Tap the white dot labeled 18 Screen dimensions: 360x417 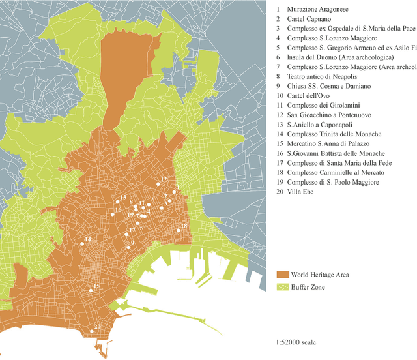pyautogui.click(x=178, y=230)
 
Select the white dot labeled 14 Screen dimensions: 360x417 pyautogui.click(x=83, y=243)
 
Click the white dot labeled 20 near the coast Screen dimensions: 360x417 pyautogui.click(x=92, y=331)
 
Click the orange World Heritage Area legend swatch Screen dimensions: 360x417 pyautogui.click(x=282, y=275)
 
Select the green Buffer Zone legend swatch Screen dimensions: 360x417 pyautogui.click(x=282, y=286)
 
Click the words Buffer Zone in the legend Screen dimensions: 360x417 pyautogui.click(x=309, y=287)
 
